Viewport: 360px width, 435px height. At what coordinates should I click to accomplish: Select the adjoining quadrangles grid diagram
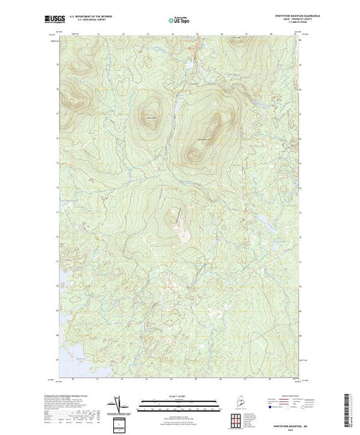[238, 419]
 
